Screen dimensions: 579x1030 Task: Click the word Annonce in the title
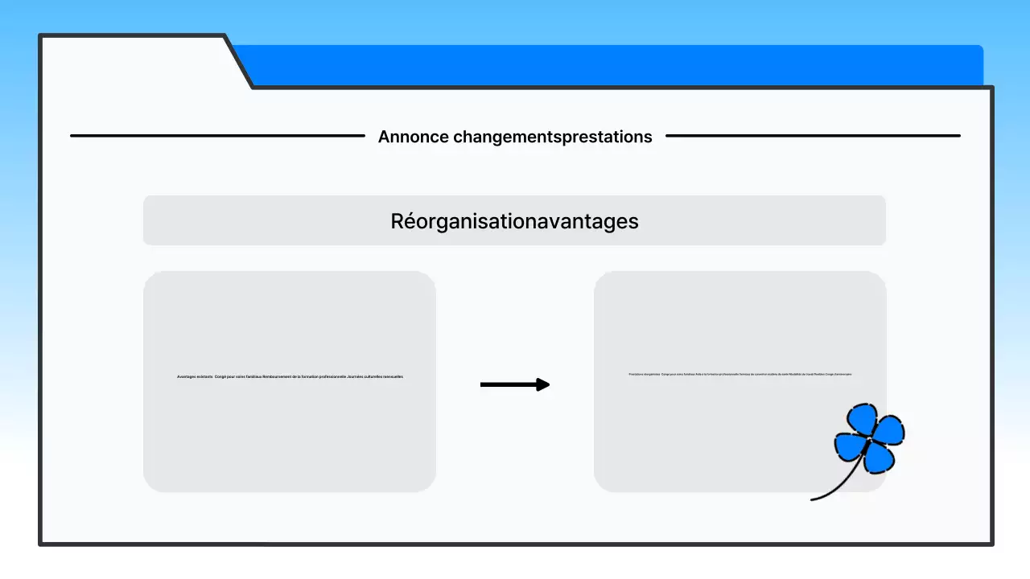pos(413,137)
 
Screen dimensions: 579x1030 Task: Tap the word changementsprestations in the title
pos(552,137)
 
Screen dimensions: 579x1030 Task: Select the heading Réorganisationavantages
pos(514,221)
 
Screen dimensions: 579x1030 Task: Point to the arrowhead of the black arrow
pos(543,385)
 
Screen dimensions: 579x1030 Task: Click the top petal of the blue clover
pos(864,419)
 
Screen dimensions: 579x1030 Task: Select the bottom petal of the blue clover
pos(876,457)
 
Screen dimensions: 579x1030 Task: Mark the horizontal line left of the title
pos(217,136)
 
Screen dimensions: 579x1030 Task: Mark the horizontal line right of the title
pos(813,136)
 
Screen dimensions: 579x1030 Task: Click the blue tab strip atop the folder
pos(612,65)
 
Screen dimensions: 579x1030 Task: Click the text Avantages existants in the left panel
pos(195,376)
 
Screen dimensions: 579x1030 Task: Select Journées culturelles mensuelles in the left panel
pos(375,376)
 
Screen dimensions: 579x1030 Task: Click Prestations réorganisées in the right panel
pos(644,374)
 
